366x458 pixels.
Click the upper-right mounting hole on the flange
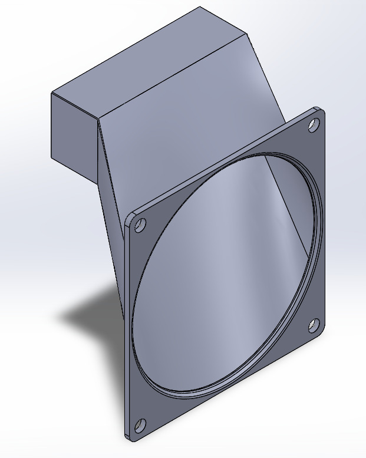click(314, 124)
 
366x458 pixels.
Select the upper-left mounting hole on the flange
click(141, 226)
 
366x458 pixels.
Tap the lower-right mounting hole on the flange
click(314, 325)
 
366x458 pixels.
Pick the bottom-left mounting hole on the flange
click(140, 424)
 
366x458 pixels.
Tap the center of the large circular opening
click(227, 274)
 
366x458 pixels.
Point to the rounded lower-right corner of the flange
click(322, 335)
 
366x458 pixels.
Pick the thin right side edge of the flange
click(325, 224)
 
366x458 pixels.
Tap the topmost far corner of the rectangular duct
click(200, 7)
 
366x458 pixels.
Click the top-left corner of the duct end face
click(52, 93)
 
